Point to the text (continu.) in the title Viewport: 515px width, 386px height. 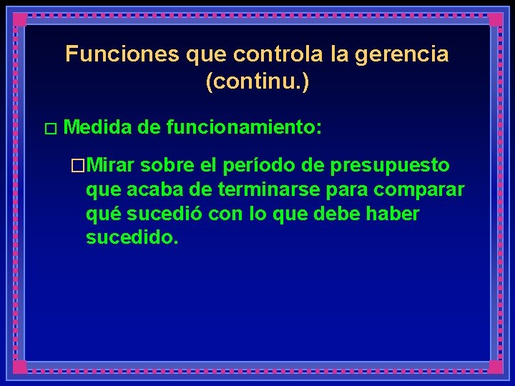pos(257,81)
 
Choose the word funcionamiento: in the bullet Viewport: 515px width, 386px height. pos(243,128)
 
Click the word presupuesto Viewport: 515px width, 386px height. pos(390,166)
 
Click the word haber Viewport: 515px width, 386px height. pos(393,214)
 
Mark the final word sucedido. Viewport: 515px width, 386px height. pos(131,237)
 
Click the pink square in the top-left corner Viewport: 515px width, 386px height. pos(20,20)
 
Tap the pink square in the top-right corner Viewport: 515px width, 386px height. pos(495,20)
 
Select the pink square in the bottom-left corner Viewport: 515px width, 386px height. pos(20,367)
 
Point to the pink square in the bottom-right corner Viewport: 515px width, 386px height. pos(495,367)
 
